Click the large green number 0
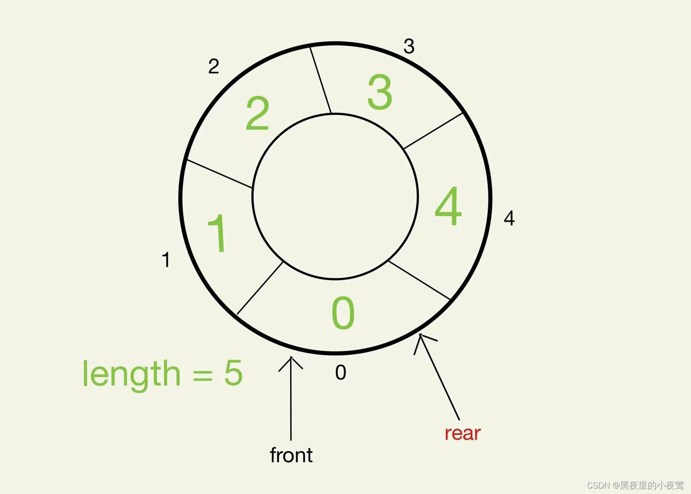click(x=343, y=313)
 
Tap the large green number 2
click(x=257, y=114)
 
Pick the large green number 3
click(x=380, y=92)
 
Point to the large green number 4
click(x=448, y=206)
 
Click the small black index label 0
click(x=340, y=373)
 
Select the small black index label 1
click(x=166, y=260)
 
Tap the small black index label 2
click(x=213, y=67)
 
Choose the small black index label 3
click(x=409, y=46)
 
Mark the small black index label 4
click(x=509, y=218)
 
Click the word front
click(x=291, y=455)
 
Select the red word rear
click(x=462, y=433)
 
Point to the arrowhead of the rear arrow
click(x=421, y=338)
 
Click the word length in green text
click(x=132, y=374)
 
